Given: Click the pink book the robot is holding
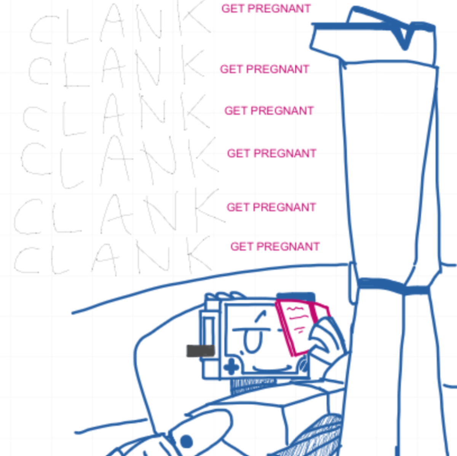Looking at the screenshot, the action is (x=301, y=328).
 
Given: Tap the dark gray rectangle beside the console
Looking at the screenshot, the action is (x=200, y=350).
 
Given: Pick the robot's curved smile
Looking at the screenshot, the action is (x=273, y=369).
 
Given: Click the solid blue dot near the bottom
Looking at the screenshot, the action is (x=186, y=442).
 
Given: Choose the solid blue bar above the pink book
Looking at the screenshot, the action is (x=296, y=296).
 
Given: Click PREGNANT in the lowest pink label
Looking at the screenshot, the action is (x=288, y=246).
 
